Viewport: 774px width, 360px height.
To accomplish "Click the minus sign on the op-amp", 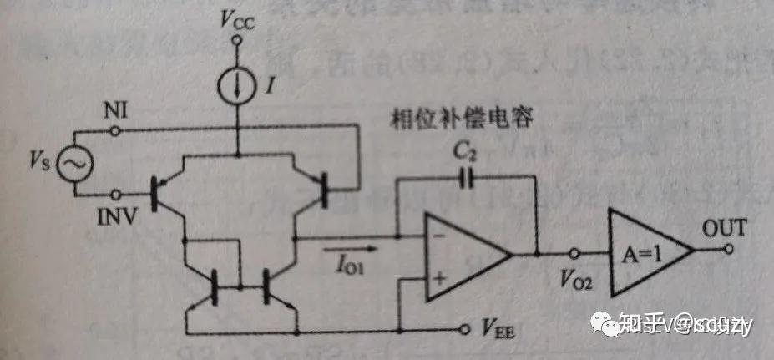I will point(439,237).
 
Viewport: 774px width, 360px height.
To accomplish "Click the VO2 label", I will point(576,281).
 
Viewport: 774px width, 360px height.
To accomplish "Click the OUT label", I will point(724,226).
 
